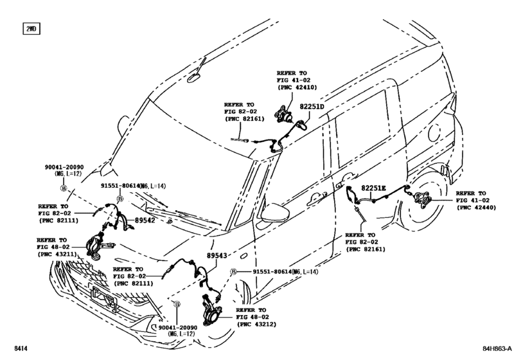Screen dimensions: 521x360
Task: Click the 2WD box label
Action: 31,29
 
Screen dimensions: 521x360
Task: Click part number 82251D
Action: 312,107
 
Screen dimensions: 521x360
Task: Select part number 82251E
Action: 373,188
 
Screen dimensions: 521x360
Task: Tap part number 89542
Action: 145,220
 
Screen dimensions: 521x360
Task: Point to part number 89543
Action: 217,255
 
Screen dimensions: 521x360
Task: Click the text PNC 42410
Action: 297,87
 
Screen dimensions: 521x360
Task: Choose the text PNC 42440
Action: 476,208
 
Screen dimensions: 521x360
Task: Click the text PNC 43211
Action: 57,255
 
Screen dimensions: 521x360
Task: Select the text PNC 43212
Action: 256,324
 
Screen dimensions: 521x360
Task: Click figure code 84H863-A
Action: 497,348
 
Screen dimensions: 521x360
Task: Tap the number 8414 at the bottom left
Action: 21,348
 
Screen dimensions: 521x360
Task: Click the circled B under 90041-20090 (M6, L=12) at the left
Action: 63,188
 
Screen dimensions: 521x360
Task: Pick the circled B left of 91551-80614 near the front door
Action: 234,272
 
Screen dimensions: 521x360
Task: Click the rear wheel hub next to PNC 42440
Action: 421,199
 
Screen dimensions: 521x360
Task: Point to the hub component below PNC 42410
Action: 283,114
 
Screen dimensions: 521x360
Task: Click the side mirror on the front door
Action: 275,213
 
